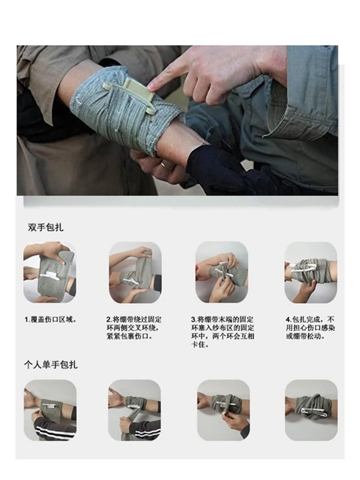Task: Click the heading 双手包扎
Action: point(45,227)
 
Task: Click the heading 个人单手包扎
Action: point(51,364)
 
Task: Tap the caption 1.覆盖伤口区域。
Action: point(50,320)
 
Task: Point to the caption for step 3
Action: point(222,332)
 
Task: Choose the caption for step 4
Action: point(310,327)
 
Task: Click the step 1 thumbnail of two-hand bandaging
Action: point(49,272)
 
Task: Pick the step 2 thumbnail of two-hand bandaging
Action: point(135,272)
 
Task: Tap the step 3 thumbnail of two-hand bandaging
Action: point(221,272)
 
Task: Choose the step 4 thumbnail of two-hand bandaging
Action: point(310,272)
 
